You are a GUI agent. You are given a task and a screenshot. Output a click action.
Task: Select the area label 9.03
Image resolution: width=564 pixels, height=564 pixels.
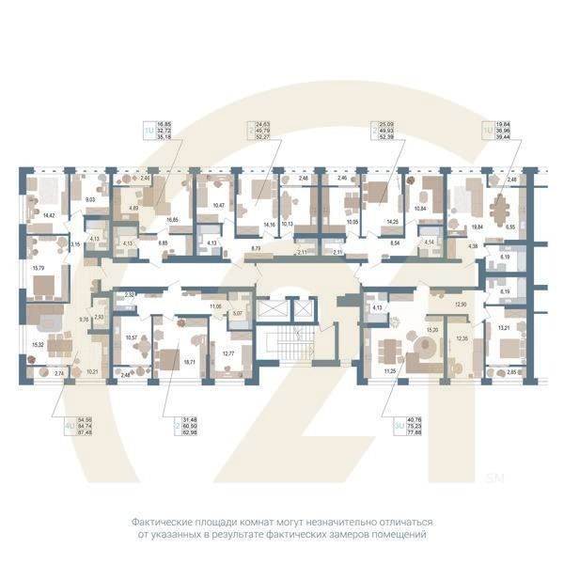pos(91,200)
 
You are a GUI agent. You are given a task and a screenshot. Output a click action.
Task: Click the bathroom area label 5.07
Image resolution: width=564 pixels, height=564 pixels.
pos(237,313)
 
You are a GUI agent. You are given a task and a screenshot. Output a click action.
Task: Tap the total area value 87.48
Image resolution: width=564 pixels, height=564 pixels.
pos(87,433)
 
